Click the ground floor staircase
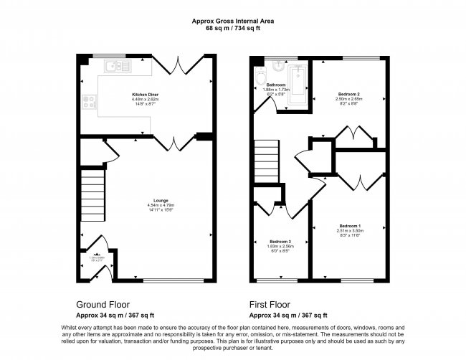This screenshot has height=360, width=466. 94,197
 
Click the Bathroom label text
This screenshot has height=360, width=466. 266,84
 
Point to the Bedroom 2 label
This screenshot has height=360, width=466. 349,94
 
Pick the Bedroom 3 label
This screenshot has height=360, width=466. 280,242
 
